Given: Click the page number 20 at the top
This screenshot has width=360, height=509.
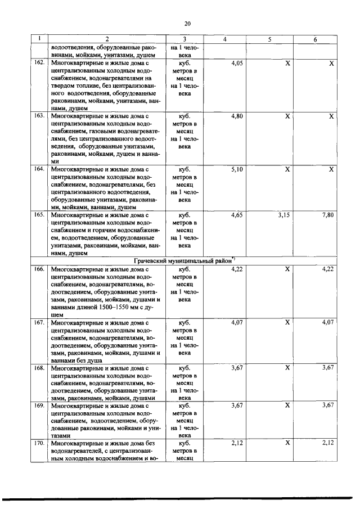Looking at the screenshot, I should [188, 23].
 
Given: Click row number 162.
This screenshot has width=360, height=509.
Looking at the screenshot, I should [39, 64].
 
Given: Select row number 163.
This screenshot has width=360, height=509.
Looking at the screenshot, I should [39, 115].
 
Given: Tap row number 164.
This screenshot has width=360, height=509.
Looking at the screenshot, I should [39, 168].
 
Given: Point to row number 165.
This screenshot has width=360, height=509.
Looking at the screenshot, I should [39, 214].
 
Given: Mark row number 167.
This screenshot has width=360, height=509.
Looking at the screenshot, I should [39, 323].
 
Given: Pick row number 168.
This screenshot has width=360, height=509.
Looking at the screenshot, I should [39, 368].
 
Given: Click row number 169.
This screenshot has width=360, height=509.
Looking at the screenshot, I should [39, 406].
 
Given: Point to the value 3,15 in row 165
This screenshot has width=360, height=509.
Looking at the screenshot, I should [286, 214].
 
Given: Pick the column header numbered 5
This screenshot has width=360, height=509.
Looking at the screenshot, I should [271, 40].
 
